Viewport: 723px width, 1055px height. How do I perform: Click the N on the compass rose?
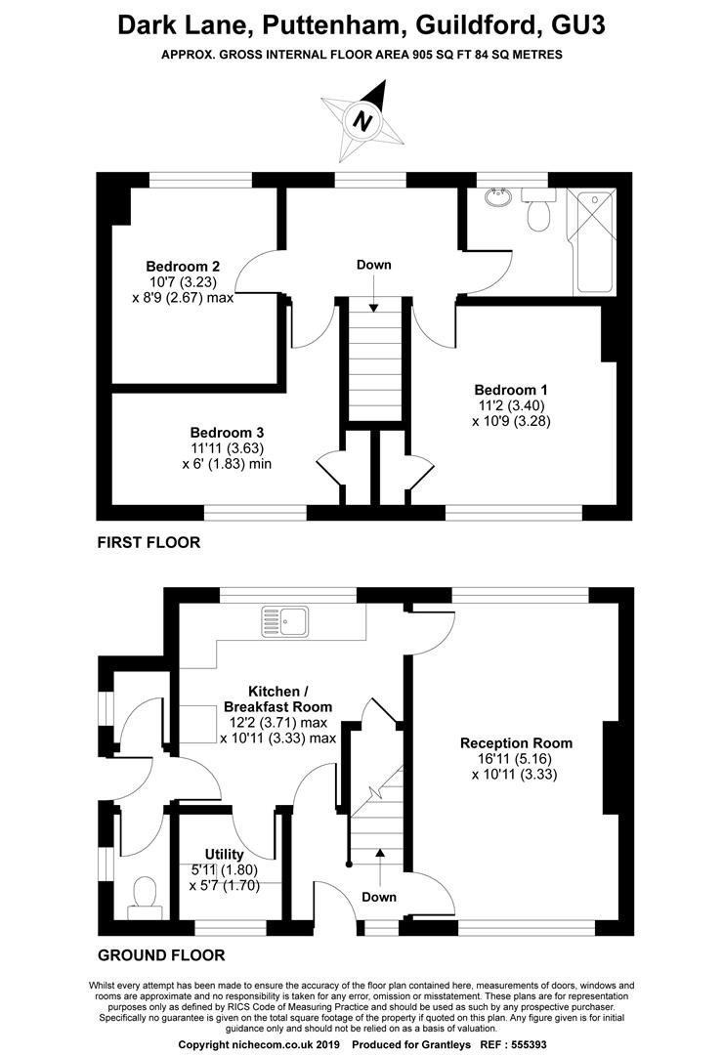click(363, 121)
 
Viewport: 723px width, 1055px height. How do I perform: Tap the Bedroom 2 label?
click(183, 266)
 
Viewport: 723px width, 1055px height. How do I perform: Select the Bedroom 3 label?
click(227, 433)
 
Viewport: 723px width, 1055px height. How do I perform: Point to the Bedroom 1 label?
click(511, 390)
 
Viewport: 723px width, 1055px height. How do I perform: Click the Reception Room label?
click(516, 743)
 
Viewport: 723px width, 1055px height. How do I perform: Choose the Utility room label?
click(224, 855)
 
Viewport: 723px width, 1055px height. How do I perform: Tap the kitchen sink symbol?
click(285, 621)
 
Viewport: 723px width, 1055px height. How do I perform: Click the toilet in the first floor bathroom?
click(539, 210)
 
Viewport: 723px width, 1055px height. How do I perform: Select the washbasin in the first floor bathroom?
click(499, 196)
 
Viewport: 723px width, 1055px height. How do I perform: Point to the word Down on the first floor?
click(373, 265)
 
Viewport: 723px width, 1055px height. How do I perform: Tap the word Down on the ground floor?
click(379, 897)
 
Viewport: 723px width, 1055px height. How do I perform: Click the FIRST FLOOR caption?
click(149, 542)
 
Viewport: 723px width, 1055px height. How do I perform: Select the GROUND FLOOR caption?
click(161, 955)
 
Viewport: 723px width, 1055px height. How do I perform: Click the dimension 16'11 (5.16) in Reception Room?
click(516, 759)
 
